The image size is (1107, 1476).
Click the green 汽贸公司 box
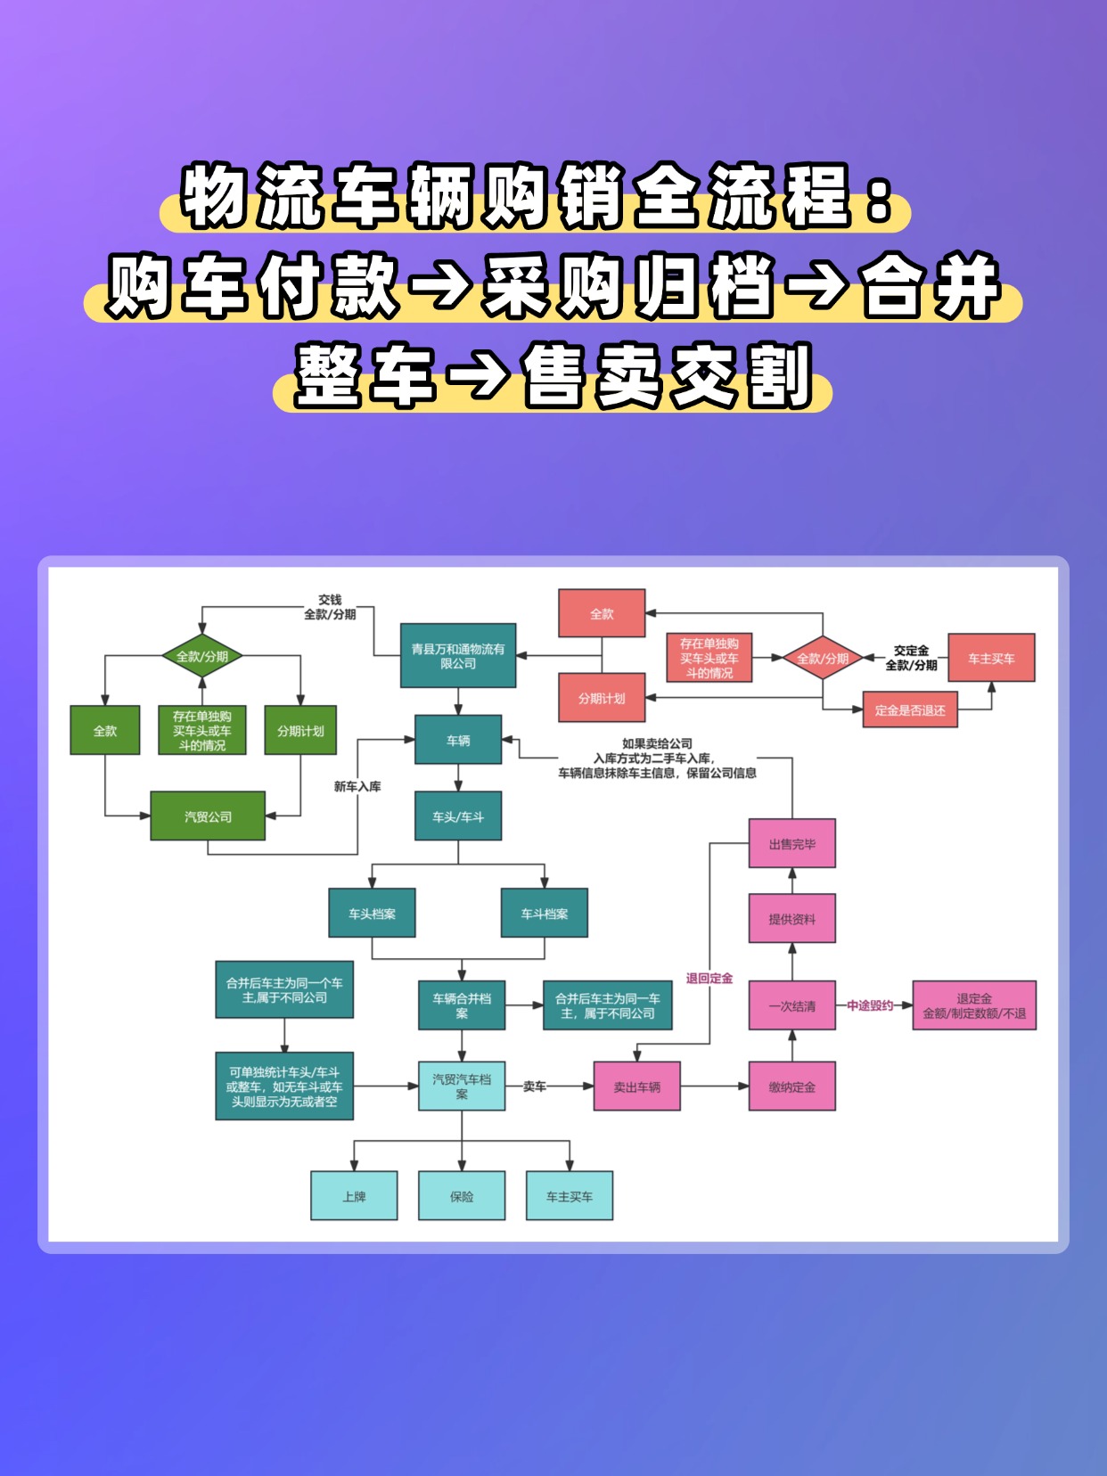208,816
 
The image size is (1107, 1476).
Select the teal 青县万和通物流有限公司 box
458,656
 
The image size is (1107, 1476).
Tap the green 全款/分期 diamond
202,657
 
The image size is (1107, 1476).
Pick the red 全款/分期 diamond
822,658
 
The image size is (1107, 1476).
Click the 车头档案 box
372,913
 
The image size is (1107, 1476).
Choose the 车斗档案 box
544,913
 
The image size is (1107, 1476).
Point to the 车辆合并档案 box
462,1005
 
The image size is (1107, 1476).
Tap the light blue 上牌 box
354,1196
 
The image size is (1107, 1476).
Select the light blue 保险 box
462,1196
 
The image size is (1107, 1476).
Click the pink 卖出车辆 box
636,1086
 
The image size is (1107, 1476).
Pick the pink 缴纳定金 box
791,1086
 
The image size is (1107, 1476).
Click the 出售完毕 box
791,843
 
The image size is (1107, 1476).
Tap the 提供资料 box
791,918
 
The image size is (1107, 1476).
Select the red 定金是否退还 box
910,710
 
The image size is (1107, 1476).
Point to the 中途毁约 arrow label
870,1005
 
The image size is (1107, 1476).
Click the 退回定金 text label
709,978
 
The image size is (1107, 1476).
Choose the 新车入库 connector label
357,786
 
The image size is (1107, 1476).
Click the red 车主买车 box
991,658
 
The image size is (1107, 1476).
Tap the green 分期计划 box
300,731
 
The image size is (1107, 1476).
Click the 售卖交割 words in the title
668,375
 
